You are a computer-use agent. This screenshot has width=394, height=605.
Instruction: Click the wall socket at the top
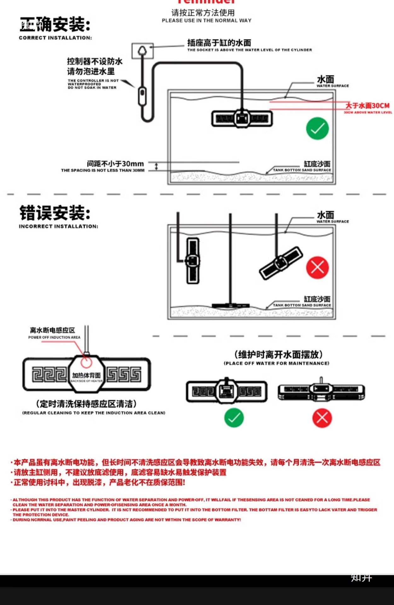(142, 51)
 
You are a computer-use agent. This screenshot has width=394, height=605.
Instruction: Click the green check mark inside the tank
(317, 129)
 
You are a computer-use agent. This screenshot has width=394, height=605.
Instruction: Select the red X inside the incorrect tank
(317, 268)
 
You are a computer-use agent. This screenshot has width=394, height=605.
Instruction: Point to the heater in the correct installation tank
(242, 119)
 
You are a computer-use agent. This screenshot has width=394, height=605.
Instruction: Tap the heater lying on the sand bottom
(231, 305)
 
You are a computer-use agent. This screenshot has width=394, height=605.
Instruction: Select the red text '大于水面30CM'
(368, 106)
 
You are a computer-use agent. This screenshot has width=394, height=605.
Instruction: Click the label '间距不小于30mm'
(115, 164)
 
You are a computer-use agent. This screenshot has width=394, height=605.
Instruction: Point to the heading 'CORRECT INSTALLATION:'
(55, 38)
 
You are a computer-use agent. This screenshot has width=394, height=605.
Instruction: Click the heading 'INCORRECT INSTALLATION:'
(58, 226)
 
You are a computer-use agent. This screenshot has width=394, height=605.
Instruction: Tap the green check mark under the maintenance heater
(234, 418)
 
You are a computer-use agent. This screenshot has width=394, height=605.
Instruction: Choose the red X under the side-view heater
(322, 418)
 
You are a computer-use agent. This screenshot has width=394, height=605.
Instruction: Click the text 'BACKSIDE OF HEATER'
(86, 381)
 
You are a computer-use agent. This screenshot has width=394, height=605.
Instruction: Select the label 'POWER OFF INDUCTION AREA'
(54, 337)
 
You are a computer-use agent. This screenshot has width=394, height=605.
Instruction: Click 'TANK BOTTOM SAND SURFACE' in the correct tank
(302, 170)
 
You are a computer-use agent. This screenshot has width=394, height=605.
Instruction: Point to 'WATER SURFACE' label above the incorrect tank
(333, 222)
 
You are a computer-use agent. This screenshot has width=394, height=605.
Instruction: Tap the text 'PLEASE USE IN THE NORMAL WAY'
(206, 21)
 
